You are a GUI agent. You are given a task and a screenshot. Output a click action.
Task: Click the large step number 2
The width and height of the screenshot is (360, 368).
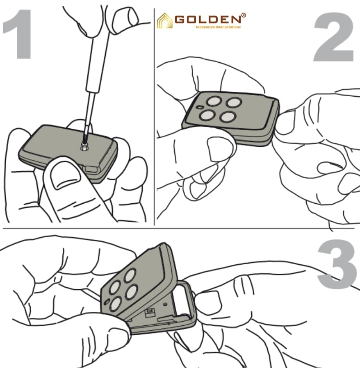pos(334,37)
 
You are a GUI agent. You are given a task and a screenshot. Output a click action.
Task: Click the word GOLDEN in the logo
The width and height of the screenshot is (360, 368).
pos(208,19)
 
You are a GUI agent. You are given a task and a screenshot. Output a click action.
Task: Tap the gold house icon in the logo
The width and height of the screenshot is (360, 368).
pos(164,21)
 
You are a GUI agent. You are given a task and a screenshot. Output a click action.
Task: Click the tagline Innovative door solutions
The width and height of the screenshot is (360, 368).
pos(218,27)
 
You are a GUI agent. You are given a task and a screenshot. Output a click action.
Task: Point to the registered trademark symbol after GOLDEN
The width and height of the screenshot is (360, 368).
pos(244,16)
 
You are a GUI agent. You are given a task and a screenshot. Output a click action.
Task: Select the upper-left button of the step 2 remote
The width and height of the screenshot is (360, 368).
pos(214,101)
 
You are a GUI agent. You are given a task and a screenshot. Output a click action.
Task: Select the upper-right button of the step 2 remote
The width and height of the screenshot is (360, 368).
pos(234,102)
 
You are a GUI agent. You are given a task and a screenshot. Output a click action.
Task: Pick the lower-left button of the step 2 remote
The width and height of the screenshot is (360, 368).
pos(207,115)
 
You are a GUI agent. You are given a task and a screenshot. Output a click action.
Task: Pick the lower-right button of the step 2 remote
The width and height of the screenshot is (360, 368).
pos(228,117)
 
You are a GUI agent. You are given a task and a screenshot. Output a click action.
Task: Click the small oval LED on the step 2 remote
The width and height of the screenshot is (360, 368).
pos(200,107)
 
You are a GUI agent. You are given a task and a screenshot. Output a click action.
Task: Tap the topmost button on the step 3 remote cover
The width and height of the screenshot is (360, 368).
pos(130,275)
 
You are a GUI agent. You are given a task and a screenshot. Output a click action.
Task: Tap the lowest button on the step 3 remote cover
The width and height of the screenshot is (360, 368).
pos(116,304)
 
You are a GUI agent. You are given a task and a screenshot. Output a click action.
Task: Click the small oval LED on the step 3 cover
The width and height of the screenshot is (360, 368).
pos(107,302)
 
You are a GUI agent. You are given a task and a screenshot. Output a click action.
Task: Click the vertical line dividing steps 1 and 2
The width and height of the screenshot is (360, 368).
pos(155,117)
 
